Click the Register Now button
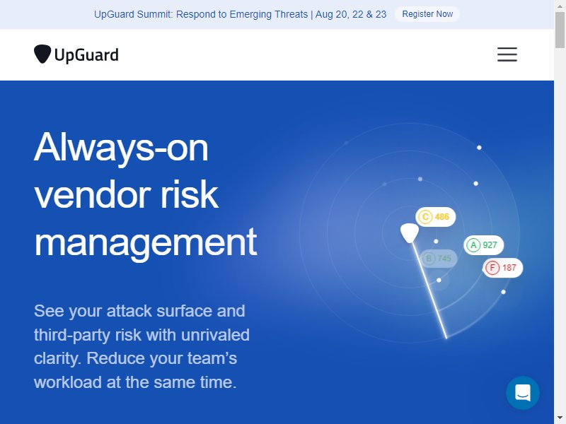click(427, 14)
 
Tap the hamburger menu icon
click(507, 54)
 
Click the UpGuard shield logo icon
click(42, 54)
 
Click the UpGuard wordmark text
click(86, 55)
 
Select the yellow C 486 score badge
click(435, 217)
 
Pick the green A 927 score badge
click(483, 245)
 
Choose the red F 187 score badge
click(502, 268)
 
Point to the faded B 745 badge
click(437, 259)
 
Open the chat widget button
click(523, 393)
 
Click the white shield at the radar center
click(410, 233)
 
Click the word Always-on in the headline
click(121, 148)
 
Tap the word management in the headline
click(146, 242)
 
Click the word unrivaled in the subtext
click(215, 335)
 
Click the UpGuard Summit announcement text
click(240, 14)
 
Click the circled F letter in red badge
click(492, 268)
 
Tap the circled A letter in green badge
click(473, 245)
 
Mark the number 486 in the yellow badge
click(441, 217)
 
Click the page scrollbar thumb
click(560, 30)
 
